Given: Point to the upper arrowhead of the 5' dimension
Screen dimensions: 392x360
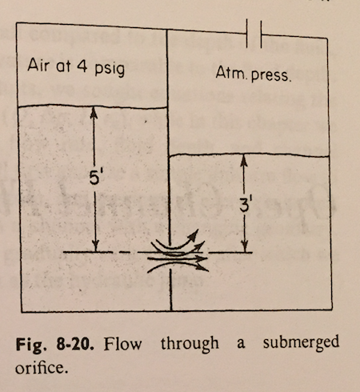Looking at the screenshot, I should click(x=94, y=113).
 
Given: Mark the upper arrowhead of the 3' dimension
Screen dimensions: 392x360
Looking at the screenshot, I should click(x=242, y=160).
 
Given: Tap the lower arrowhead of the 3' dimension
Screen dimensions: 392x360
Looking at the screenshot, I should click(x=242, y=248).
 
